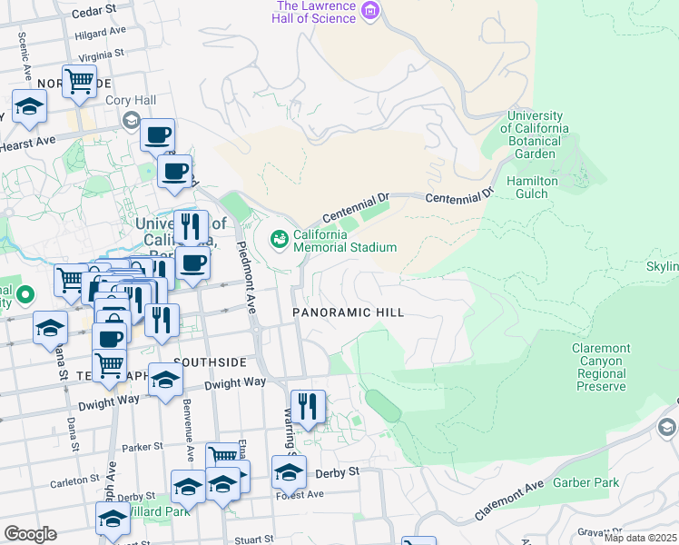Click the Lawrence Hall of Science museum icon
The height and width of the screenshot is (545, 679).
pos(369,11)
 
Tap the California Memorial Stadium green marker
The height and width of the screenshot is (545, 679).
pos(280,239)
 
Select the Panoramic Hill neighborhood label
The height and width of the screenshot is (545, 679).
pos(348,312)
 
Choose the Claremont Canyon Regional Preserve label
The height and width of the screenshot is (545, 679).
pos(601,367)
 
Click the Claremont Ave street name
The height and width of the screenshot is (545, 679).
pos(509,501)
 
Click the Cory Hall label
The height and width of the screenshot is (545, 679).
pos(132,101)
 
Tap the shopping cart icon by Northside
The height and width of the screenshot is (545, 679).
pos(80,81)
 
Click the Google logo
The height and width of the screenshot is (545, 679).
pos(30,534)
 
